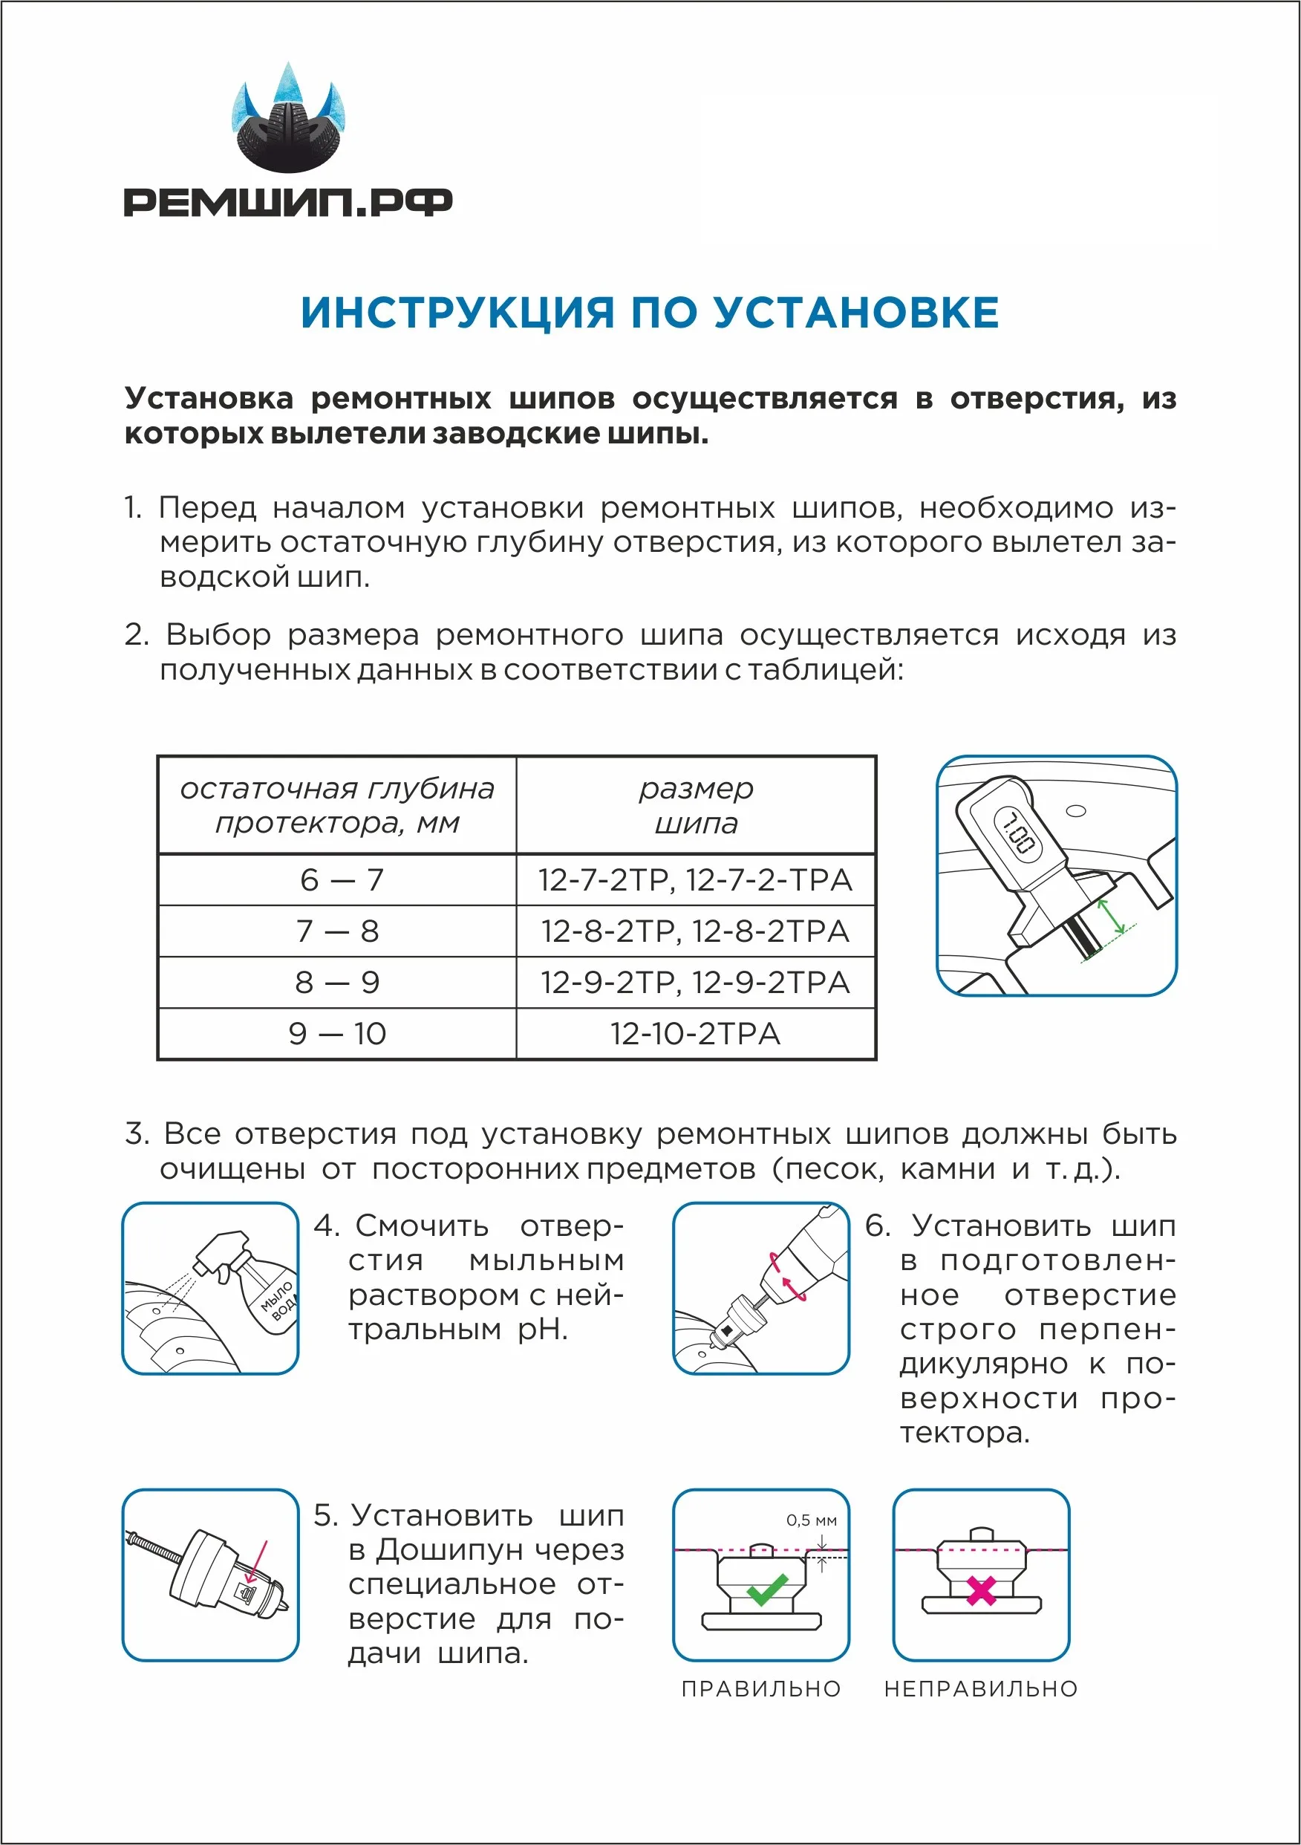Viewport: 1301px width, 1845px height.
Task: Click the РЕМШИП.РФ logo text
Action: click(287, 202)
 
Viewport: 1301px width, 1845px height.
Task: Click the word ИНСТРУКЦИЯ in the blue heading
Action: click(457, 312)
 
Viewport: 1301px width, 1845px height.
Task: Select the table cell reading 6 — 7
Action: click(338, 880)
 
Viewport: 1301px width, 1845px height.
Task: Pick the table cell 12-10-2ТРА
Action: click(695, 1034)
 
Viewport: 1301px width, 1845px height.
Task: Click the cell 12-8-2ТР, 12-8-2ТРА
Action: click(695, 931)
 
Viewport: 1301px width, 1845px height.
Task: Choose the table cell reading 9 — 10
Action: click(338, 1034)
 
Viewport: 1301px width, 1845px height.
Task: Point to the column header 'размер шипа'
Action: click(696, 805)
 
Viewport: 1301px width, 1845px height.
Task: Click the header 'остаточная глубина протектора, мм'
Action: click(338, 805)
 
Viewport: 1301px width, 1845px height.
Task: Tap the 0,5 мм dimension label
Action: click(812, 1520)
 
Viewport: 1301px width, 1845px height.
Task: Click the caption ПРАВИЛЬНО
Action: click(761, 1689)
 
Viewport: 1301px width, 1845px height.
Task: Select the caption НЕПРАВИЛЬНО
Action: click(981, 1689)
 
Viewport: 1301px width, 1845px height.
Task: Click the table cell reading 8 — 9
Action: click(338, 983)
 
